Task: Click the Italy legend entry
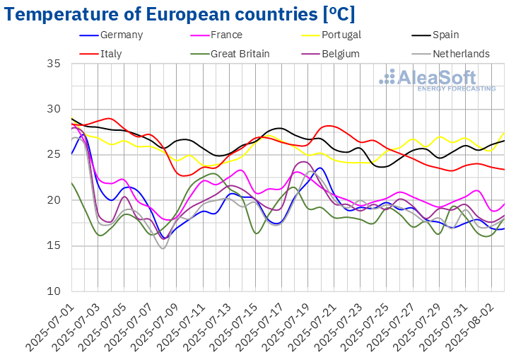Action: pyautogui.click(x=112, y=53)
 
